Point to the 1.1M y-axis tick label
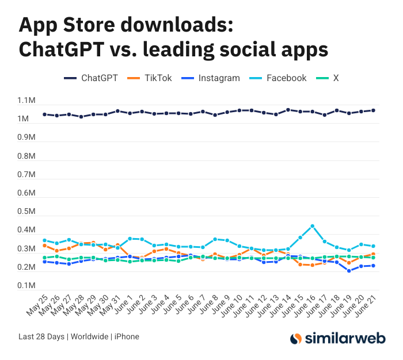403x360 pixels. [x=27, y=101]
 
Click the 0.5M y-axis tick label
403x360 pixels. [x=27, y=212]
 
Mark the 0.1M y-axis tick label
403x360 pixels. [x=27, y=286]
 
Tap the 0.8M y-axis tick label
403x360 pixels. [x=27, y=156]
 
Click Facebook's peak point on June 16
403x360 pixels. [x=313, y=226]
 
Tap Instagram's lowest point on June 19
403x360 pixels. [x=349, y=271]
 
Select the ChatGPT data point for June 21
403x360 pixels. [x=373, y=110]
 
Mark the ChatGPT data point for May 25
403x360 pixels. [x=45, y=114]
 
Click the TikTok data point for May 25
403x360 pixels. [x=45, y=246]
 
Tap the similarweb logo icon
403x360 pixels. [x=296, y=339]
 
